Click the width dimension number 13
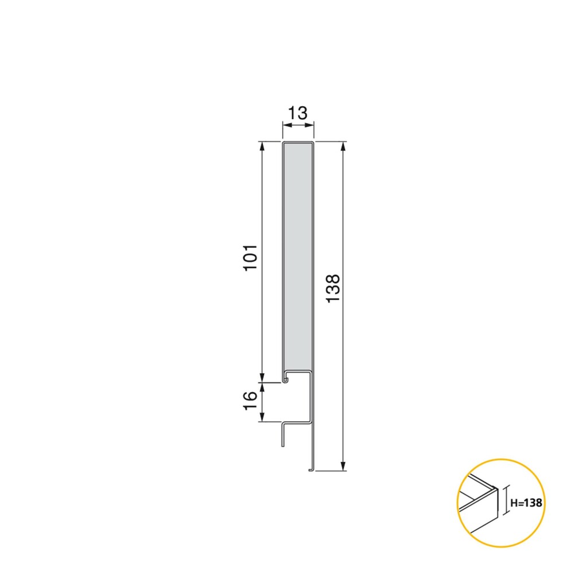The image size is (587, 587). (298, 113)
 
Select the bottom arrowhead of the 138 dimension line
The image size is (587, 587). (343, 466)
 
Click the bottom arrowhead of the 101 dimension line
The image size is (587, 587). (263, 378)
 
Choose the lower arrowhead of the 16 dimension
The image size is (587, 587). (263, 418)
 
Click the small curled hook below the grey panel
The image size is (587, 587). (285, 379)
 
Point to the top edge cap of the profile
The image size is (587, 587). (298, 141)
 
